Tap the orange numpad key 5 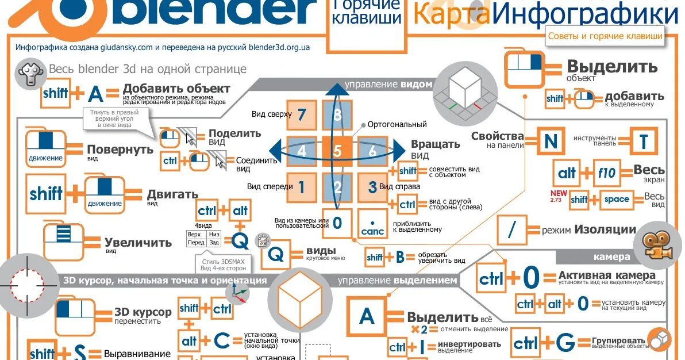coord(337,151)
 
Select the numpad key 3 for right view coord(372,186)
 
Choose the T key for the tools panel coord(643,140)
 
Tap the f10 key coord(606,173)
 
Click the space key coord(616,200)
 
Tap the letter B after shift coord(400,257)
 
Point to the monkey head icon coord(29,73)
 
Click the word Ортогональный coord(397,124)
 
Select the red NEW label coord(558,193)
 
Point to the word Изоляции coord(605,230)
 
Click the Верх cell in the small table coord(194,235)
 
